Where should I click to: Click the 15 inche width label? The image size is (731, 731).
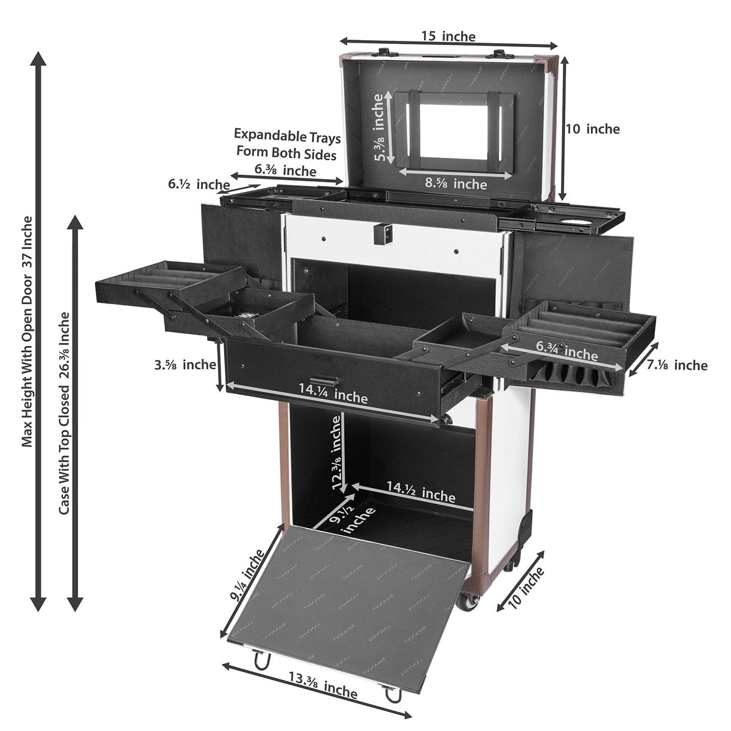coord(448,37)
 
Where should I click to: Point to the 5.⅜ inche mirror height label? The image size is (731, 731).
coord(380,127)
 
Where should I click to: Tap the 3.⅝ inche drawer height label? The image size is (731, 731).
coord(185,365)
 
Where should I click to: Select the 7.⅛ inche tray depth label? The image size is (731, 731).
coord(677,365)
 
